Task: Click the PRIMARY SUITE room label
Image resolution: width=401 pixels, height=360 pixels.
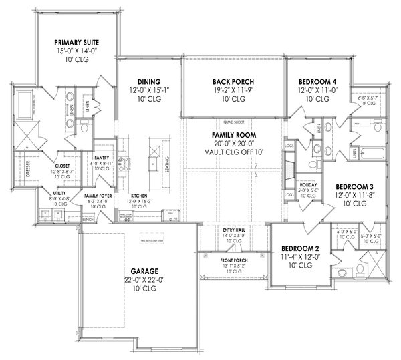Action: [76, 41]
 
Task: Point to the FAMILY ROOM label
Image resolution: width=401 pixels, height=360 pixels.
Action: [232, 134]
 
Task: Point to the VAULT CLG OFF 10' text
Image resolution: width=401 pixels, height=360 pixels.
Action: [232, 152]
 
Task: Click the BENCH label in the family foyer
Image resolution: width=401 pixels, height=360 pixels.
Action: [87, 218]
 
